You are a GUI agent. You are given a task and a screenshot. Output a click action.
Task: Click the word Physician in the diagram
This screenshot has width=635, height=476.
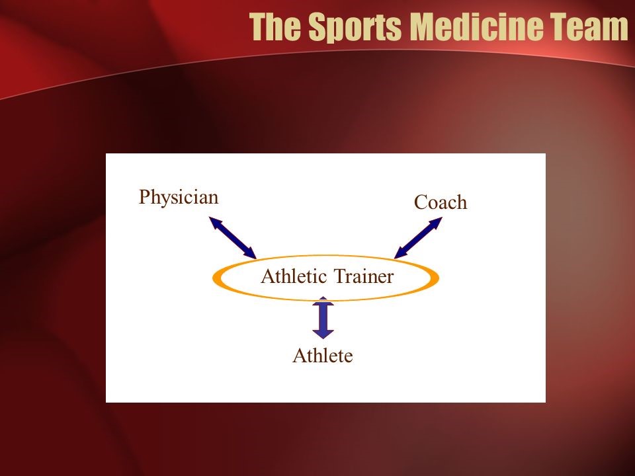coord(179,198)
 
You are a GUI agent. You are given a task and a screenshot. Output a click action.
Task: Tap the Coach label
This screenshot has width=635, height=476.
coord(441,202)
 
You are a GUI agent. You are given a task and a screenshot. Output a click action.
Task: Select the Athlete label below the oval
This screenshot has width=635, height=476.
coord(322,356)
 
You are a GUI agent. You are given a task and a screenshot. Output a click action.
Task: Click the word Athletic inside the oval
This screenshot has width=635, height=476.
coord(294,276)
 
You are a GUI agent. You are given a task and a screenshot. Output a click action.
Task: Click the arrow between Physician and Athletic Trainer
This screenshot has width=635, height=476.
coord(232,237)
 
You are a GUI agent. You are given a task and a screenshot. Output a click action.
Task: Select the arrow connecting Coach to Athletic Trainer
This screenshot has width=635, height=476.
coord(418,237)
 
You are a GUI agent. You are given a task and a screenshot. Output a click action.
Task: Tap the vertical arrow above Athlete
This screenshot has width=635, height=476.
coord(323,318)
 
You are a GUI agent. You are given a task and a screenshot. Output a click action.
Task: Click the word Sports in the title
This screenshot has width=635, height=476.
coord(355,27)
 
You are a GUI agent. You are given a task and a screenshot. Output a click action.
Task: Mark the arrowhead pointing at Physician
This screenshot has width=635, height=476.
coord(216,223)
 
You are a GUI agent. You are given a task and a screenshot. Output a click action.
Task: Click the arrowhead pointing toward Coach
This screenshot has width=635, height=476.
coord(435,223)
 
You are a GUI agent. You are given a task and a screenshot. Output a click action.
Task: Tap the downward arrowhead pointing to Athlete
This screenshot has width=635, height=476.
coord(323,334)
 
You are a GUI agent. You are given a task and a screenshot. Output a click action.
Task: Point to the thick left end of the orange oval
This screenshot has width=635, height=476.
coord(217,278)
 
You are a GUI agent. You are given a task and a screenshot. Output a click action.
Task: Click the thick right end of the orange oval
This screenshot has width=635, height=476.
coord(435,278)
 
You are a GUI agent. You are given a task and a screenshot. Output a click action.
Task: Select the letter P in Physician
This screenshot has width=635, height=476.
coord(144,197)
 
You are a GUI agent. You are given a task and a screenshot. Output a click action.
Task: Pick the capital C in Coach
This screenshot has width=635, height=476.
coord(421,202)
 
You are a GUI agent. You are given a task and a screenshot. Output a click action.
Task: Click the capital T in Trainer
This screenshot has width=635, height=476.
coord(340,276)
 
